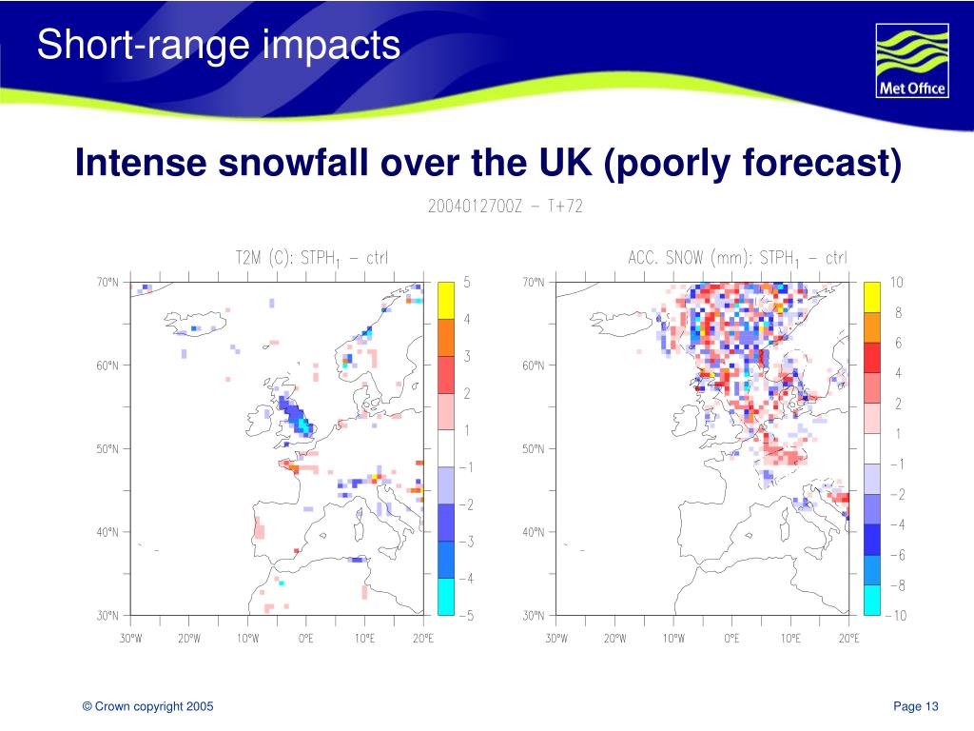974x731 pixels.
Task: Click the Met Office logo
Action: pos(911,61)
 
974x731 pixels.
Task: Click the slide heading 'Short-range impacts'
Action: pos(219,44)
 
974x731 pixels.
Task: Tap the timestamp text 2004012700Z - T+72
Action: pos(504,207)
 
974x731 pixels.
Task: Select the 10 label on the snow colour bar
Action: pos(897,283)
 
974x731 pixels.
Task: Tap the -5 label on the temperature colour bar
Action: pos(466,616)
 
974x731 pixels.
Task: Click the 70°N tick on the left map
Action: pos(107,282)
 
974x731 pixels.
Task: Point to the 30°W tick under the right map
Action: pos(556,639)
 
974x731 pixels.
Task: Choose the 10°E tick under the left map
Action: pos(364,639)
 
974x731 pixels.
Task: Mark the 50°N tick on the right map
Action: pos(534,448)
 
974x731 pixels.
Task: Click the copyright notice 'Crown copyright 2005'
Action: pos(147,705)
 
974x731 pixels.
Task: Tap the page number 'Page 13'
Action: pos(916,705)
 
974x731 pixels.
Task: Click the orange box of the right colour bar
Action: pos(872,327)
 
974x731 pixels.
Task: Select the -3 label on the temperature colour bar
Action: pos(466,542)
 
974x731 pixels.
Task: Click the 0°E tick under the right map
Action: pos(731,639)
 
